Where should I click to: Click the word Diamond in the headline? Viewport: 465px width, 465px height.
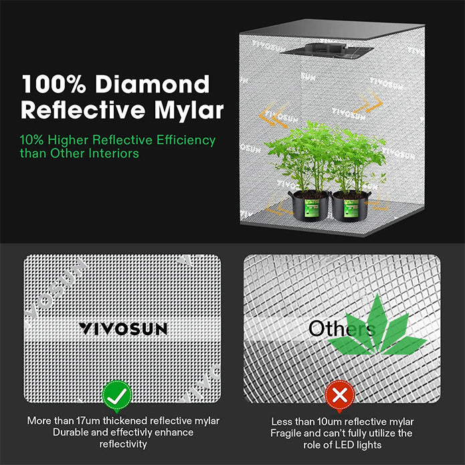pos(152,84)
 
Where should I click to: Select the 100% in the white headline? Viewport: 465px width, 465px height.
pos(54,84)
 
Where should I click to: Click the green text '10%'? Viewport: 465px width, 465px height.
pos(31,140)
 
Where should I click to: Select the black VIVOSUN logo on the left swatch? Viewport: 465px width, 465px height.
pos(123,329)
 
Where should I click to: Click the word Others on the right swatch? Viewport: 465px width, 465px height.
pos(342,329)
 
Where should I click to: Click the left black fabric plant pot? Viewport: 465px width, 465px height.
pos(309,205)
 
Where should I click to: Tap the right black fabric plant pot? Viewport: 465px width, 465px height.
pos(351,206)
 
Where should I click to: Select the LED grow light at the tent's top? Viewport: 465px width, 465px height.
pos(327,50)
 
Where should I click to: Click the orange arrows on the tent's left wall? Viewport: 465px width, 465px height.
pos(273,115)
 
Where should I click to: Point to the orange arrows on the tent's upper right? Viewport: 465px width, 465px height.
pos(369,102)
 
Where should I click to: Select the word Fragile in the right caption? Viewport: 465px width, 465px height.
pos(285,434)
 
